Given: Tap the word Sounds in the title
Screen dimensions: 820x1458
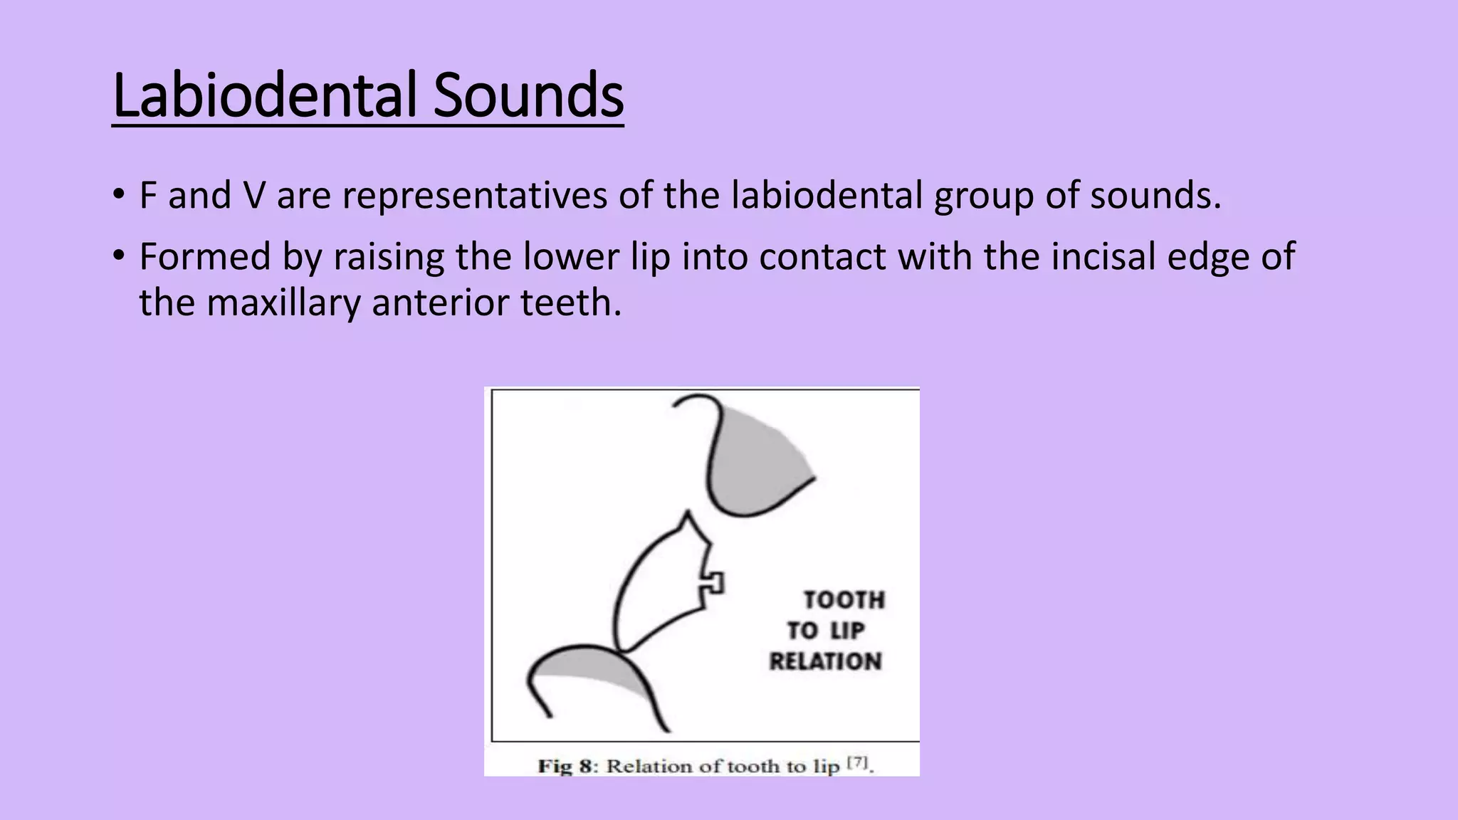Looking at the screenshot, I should (528, 95).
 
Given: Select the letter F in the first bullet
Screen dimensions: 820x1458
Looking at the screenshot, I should (147, 195).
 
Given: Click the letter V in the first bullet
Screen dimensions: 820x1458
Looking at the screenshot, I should (253, 195).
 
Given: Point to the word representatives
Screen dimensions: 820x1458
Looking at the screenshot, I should (474, 196).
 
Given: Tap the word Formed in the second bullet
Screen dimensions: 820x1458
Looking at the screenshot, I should (204, 256).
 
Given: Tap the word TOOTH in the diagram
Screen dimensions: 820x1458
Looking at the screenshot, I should (844, 600).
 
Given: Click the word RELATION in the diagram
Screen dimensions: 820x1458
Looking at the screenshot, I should (826, 661).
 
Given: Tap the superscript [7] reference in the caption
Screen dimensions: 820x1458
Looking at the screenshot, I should (858, 762).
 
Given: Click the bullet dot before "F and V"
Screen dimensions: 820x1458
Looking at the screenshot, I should (119, 194).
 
